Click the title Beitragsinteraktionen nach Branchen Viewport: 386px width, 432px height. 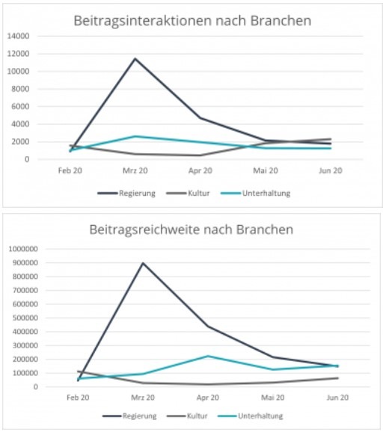point(192,21)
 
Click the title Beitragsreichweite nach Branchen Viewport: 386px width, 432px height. point(191,229)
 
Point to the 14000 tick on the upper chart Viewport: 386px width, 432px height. point(18,36)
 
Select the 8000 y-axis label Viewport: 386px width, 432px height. point(20,89)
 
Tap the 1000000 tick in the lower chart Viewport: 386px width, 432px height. point(23,249)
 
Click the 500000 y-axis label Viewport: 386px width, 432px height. point(25,318)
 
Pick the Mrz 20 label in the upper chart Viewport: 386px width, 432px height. point(135,171)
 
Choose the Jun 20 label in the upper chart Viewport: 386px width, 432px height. point(331,171)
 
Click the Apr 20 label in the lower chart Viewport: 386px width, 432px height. point(208,398)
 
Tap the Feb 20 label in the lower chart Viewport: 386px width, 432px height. point(78,398)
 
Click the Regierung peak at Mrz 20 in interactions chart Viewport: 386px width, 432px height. point(135,58)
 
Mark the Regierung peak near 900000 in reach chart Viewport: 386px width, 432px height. point(143,263)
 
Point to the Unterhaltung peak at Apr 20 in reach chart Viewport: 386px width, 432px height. point(208,356)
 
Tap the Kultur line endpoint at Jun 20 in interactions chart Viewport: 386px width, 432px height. point(331,139)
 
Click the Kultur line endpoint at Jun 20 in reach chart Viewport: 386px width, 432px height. point(337,378)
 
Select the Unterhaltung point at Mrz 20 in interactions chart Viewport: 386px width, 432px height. point(135,136)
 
